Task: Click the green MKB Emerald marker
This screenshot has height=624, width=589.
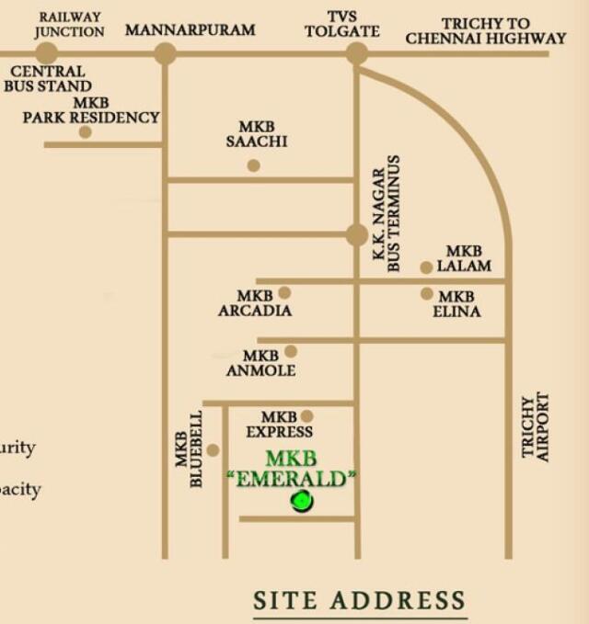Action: click(x=301, y=501)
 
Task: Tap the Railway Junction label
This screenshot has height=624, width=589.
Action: click(x=69, y=24)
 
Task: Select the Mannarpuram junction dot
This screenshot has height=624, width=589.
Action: click(x=165, y=53)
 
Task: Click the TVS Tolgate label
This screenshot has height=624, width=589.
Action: click(x=341, y=24)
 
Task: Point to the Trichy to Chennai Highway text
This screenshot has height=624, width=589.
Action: click(x=485, y=31)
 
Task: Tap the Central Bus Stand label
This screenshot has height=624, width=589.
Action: click(x=47, y=78)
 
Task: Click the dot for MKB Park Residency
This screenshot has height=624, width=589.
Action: click(x=85, y=132)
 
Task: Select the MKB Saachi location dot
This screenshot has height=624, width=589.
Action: click(x=253, y=165)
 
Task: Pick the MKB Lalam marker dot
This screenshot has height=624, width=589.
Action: click(x=426, y=267)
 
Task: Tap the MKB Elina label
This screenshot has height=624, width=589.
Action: click(x=456, y=304)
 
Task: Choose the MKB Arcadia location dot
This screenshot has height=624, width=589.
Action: click(x=284, y=293)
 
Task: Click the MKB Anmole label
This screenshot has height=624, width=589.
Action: click(x=260, y=363)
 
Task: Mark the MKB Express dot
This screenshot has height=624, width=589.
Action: click(x=306, y=416)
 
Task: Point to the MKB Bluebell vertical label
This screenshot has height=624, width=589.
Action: click(x=189, y=449)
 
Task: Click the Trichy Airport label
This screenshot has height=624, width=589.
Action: click(x=535, y=427)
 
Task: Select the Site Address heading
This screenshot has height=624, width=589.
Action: click(x=360, y=601)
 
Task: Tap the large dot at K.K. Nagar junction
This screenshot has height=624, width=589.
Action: click(x=356, y=235)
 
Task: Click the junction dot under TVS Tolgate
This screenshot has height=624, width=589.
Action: click(x=356, y=53)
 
